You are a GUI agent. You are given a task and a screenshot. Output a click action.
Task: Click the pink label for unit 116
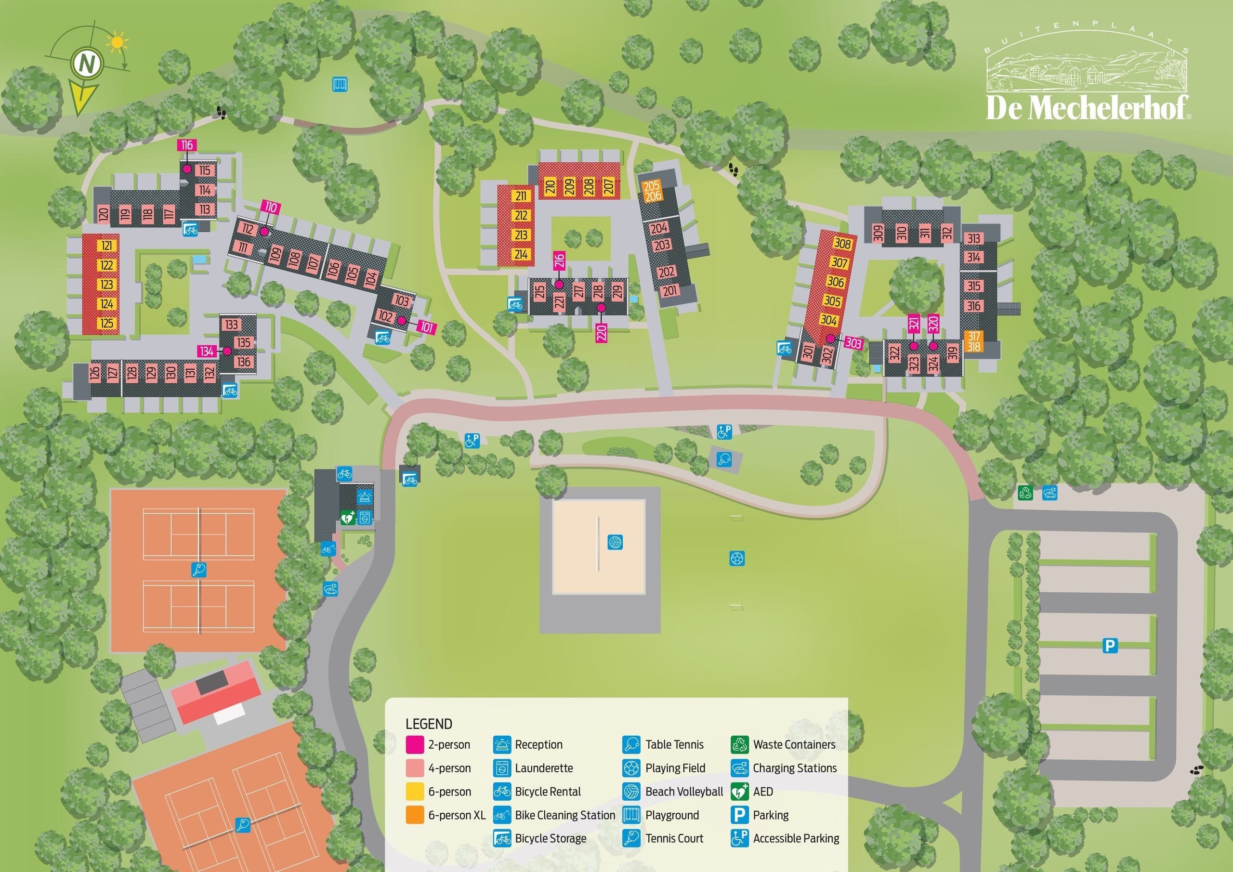pos(186,145)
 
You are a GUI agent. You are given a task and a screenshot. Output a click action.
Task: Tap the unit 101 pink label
pos(426,327)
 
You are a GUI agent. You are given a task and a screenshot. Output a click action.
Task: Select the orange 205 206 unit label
pos(652,191)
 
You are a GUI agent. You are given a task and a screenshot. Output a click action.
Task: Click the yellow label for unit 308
pos(842,243)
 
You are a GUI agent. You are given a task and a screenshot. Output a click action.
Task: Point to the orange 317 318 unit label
pos(973,341)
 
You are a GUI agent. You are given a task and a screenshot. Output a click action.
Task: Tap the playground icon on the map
pos(340,84)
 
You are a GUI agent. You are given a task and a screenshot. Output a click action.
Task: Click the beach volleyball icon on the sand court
pos(615,542)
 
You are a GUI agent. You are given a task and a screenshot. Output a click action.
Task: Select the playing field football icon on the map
pos(737,559)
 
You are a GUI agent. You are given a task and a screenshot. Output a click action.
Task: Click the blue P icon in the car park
pos(1110,645)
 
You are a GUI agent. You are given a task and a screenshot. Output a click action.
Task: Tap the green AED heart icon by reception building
pos(347,518)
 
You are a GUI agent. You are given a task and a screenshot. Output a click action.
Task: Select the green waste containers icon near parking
pos(1026,493)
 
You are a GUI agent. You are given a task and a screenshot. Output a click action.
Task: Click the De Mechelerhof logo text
pos(1087,108)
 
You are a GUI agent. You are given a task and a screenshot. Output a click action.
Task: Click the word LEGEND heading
pos(429,724)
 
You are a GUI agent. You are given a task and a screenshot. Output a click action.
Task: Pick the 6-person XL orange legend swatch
pos(415,815)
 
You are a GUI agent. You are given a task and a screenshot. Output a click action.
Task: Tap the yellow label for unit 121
pos(107,246)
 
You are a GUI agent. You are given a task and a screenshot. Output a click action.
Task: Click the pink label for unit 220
pos(602,333)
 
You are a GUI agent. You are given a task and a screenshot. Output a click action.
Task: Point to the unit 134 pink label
pos(207,351)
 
